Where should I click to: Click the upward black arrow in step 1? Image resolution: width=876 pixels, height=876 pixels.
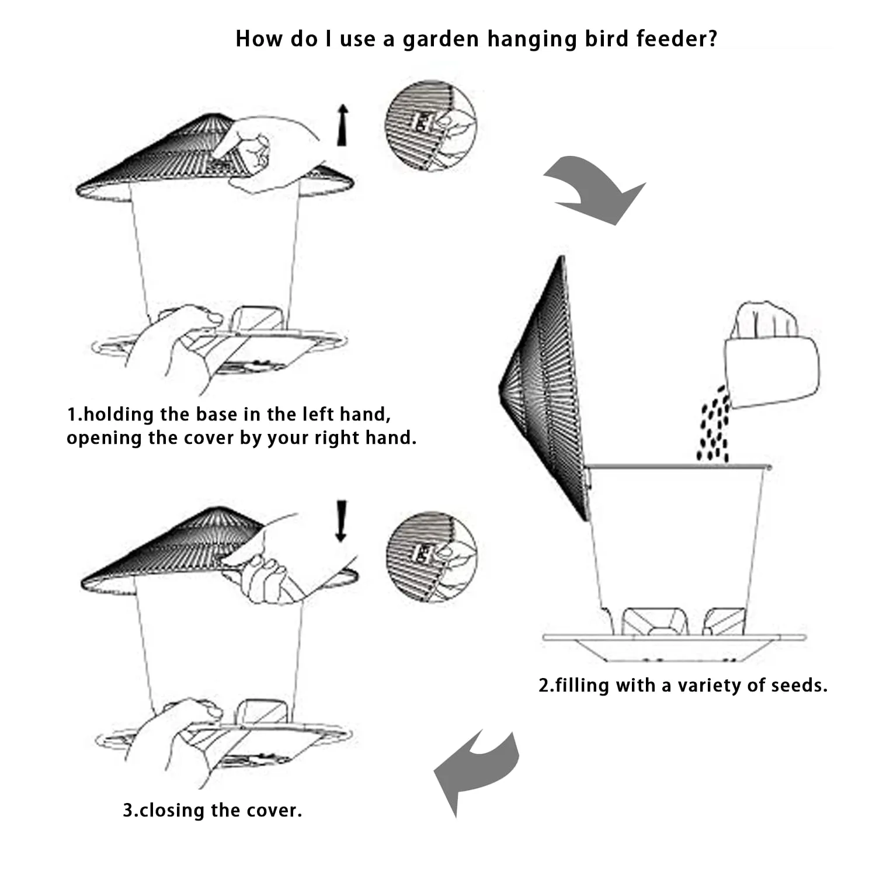click(343, 125)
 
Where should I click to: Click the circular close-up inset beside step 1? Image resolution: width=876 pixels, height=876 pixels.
click(430, 130)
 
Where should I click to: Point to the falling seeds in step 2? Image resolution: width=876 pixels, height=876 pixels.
click(714, 423)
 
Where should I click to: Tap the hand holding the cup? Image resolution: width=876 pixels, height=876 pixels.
click(765, 320)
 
